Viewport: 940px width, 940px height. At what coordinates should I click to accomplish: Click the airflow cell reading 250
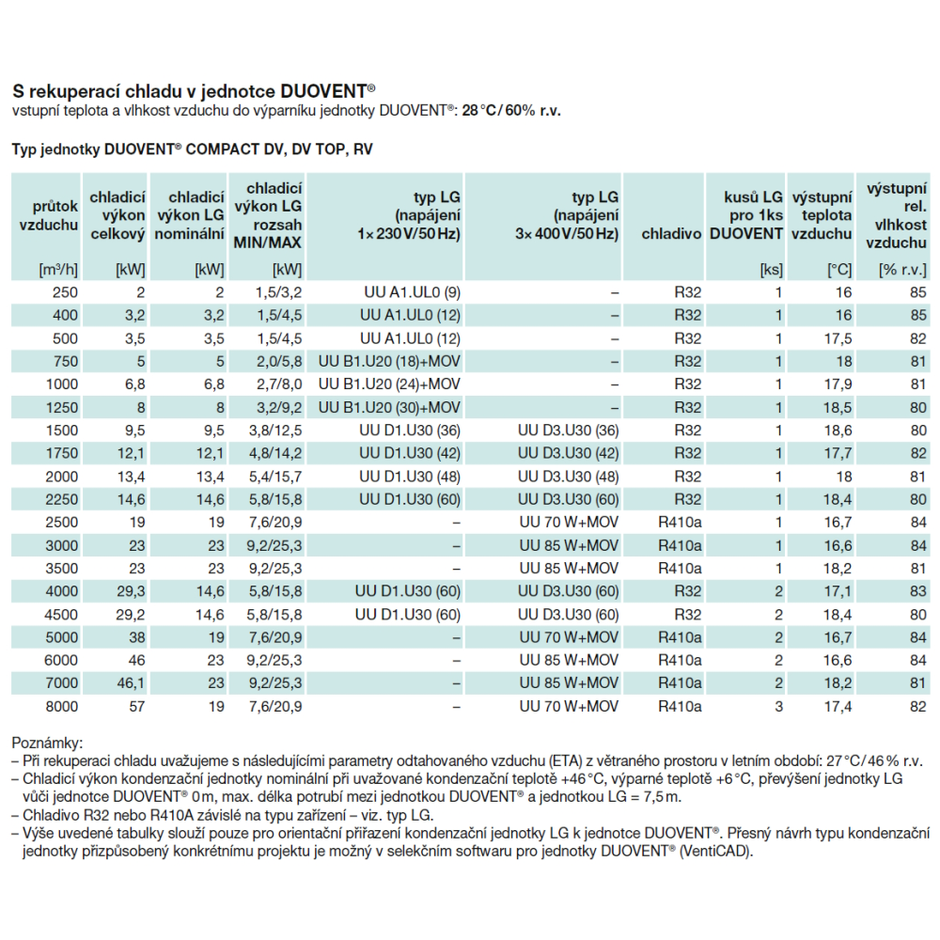(66, 292)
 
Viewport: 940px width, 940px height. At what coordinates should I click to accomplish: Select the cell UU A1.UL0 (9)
(412, 292)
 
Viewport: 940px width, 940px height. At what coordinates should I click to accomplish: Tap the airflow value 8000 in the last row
(61, 706)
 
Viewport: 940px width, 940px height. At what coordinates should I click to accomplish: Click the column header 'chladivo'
(671, 234)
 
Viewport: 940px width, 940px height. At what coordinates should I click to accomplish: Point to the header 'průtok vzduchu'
(49, 216)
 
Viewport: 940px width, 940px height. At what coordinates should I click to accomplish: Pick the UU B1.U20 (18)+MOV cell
(389, 362)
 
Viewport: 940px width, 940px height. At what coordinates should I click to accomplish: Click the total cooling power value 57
(136, 706)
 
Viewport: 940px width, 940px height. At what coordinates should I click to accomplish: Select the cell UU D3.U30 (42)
(569, 453)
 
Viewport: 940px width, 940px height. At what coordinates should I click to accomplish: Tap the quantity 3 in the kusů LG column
(778, 706)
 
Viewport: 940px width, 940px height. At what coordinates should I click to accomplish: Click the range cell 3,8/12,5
(275, 431)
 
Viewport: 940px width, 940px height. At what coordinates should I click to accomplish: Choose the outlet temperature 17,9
(838, 384)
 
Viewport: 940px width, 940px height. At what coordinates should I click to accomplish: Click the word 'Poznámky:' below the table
(47, 744)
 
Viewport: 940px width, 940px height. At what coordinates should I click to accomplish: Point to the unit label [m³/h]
(58, 270)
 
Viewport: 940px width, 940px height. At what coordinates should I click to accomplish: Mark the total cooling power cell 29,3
(131, 591)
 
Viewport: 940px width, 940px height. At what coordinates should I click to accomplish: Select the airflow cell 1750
(62, 453)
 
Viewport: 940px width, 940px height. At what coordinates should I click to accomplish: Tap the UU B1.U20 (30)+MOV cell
(389, 408)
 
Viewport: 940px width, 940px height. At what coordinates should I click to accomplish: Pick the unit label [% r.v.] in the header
(902, 270)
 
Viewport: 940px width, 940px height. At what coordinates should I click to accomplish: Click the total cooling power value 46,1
(131, 682)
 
